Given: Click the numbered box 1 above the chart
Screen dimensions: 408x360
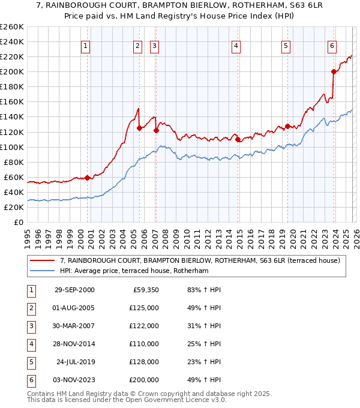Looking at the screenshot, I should click(85, 46).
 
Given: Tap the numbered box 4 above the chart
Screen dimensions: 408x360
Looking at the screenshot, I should click(236, 46).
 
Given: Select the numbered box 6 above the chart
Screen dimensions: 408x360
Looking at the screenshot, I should click(332, 46).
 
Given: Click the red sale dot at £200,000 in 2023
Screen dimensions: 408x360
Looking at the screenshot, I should click(334, 71).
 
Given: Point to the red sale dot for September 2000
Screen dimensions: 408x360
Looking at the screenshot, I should click(88, 178).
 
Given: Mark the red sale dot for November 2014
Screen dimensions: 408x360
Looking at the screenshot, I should click(238, 139).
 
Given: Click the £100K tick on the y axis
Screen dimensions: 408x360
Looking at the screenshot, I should click(11, 147).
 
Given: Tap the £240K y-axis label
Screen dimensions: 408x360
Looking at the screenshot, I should click(11, 41).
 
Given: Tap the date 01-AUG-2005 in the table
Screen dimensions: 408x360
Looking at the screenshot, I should click(74, 307).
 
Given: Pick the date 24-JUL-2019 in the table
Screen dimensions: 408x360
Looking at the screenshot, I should click(75, 362).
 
